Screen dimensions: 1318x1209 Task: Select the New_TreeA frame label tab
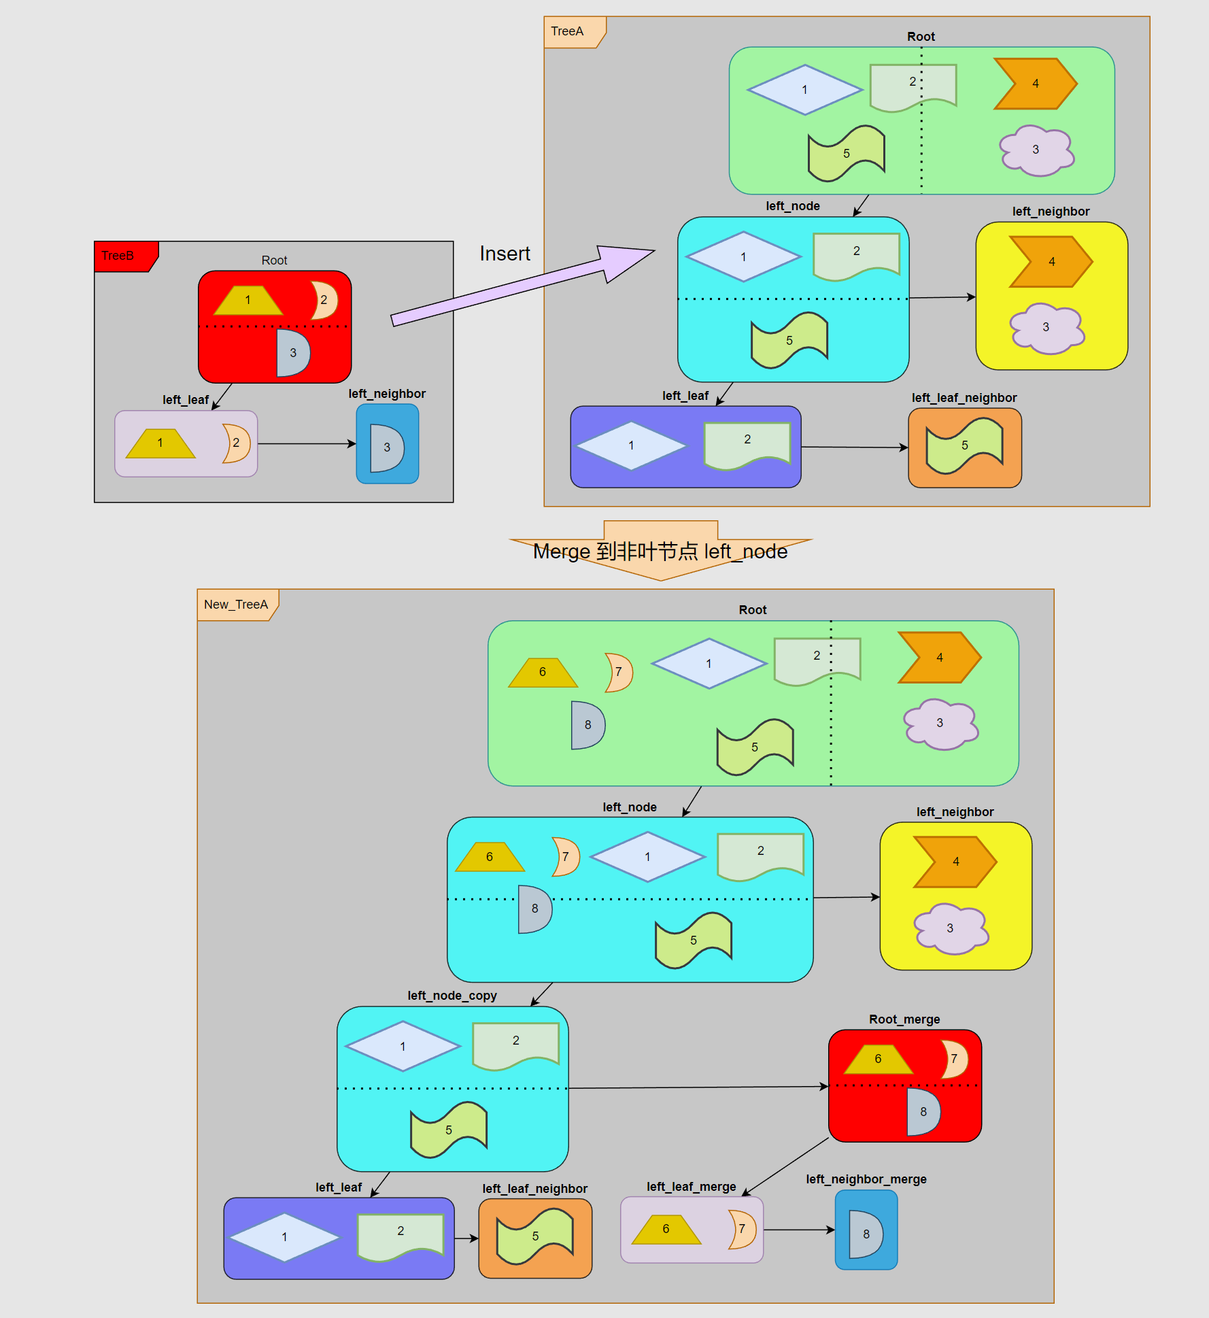(x=236, y=604)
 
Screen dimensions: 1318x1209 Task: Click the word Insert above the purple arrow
(x=505, y=254)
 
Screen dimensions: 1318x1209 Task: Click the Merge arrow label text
(x=660, y=551)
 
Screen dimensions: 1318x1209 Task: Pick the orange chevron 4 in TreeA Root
(x=1034, y=84)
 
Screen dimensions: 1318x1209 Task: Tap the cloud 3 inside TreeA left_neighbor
(x=1046, y=328)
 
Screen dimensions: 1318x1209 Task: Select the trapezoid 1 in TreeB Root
(x=248, y=300)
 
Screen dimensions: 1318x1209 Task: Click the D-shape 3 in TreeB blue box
(x=386, y=447)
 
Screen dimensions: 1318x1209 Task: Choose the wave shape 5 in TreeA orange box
(x=964, y=446)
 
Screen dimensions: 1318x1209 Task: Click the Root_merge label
(x=904, y=1019)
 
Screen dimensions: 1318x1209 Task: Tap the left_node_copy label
(x=452, y=995)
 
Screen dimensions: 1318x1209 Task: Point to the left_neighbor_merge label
(x=866, y=1179)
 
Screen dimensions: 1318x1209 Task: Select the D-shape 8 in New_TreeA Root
(x=588, y=725)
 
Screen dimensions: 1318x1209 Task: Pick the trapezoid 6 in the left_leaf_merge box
(x=666, y=1230)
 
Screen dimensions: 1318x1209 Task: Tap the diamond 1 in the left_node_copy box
(x=403, y=1046)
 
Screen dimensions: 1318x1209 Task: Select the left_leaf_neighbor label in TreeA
(x=964, y=397)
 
